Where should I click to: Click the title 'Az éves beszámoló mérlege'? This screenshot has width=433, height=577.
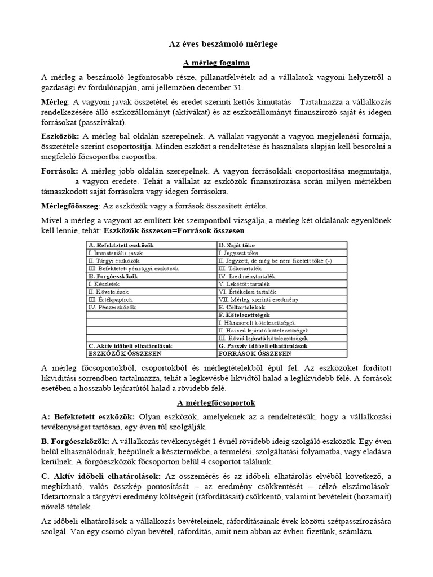tap(216, 43)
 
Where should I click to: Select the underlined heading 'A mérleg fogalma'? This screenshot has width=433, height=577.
tap(216, 63)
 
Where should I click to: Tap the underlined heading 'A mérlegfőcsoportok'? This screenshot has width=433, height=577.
tap(216, 403)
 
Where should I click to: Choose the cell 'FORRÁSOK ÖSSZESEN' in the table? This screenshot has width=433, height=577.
tap(254, 353)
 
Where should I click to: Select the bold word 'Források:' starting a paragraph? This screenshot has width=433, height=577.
tap(60, 170)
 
